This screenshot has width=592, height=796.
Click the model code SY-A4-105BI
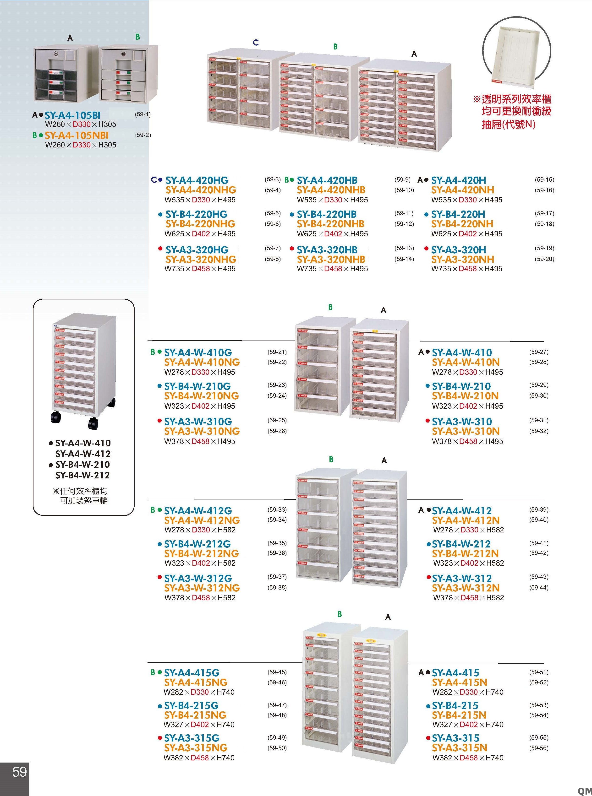click(x=72, y=115)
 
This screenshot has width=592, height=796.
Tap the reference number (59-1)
click(x=143, y=114)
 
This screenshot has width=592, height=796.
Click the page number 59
click(x=19, y=772)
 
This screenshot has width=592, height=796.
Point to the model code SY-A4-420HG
click(x=197, y=180)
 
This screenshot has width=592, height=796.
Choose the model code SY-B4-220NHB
click(x=330, y=224)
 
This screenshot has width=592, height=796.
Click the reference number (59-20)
click(x=544, y=259)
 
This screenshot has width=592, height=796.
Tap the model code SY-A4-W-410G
click(x=198, y=352)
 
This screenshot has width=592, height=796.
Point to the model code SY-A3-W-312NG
click(x=202, y=588)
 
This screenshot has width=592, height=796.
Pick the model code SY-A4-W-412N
click(x=466, y=520)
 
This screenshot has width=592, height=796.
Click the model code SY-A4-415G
click(x=192, y=673)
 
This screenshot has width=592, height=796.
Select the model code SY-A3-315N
click(x=459, y=748)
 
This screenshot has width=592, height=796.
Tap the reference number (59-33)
click(x=277, y=509)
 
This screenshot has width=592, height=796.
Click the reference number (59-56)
click(x=539, y=748)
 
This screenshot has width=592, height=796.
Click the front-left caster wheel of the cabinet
click(x=55, y=417)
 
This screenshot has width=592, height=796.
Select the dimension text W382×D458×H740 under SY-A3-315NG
click(x=199, y=758)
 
